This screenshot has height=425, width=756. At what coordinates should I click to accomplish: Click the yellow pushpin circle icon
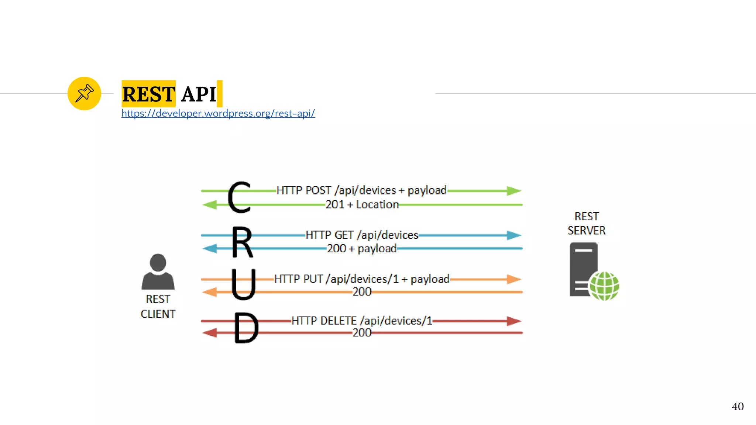84,93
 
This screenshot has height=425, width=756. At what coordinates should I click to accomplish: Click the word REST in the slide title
148,94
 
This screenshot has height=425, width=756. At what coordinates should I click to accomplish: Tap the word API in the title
199,94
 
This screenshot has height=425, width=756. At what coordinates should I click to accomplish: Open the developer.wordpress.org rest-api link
218,113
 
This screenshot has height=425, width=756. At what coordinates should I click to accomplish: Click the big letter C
239,197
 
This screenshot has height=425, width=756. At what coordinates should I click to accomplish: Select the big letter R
242,242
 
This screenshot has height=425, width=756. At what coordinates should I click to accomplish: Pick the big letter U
243,284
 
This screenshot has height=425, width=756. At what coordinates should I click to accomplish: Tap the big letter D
246,328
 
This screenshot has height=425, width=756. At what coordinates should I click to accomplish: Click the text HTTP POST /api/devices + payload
361,190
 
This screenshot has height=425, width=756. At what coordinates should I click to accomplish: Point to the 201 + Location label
362,204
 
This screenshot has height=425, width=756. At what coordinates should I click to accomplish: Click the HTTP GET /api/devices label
362,235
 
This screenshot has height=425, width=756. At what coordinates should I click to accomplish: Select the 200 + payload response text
362,249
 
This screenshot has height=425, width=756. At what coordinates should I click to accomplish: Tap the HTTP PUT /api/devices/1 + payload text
362,279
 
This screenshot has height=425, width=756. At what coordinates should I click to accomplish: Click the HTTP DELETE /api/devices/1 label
362,321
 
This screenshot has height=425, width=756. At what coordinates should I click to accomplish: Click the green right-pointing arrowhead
514,191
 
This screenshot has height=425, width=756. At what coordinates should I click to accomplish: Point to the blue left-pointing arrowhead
210,249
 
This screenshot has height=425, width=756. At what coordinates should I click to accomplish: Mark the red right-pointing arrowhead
514,321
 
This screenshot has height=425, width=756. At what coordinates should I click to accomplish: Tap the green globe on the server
604,286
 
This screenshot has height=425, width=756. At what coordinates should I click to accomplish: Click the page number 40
738,407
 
